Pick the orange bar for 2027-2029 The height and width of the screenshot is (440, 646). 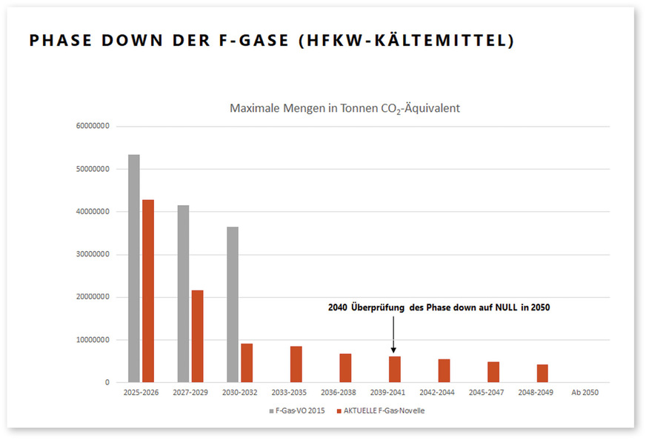click(197, 336)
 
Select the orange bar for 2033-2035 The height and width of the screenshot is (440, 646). click(296, 364)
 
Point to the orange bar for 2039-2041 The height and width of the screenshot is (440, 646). click(395, 369)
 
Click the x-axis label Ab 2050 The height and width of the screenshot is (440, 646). click(585, 393)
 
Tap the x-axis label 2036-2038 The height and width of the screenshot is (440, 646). click(338, 393)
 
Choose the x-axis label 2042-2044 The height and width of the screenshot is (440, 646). click(437, 393)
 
